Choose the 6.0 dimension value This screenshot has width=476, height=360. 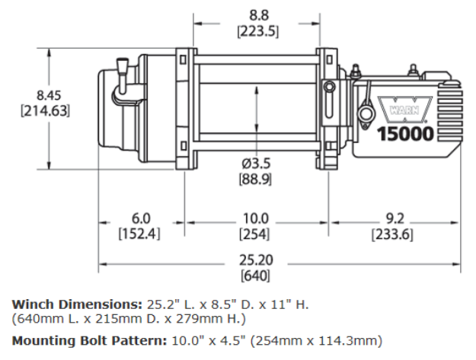141,218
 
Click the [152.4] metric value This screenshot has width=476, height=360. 139,234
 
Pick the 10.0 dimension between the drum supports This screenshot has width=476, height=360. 255,218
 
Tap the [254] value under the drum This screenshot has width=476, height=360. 255,234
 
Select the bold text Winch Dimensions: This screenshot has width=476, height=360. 74,304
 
